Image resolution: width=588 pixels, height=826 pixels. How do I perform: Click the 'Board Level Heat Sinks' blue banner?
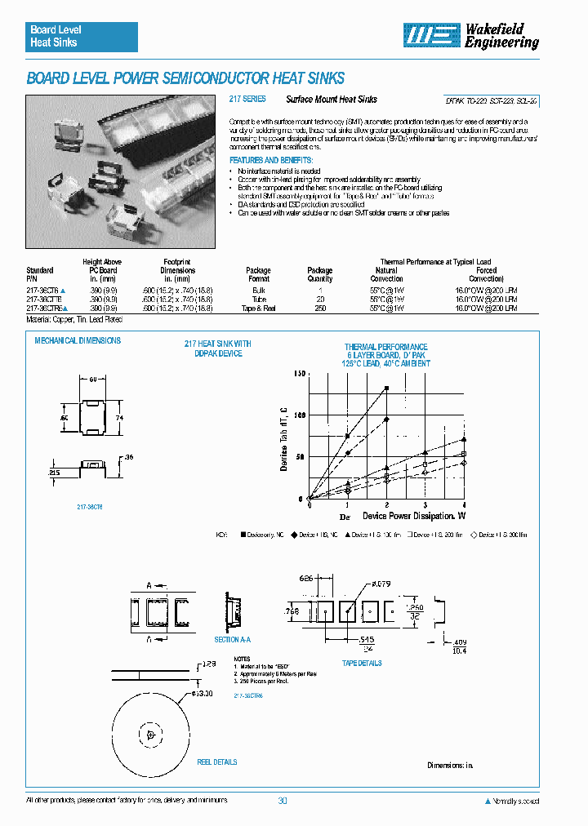pyautogui.click(x=81, y=37)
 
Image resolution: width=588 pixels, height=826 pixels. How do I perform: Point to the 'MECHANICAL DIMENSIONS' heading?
pyautogui.click(x=78, y=340)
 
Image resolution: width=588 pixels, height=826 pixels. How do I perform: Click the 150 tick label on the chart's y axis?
pyautogui.click(x=299, y=374)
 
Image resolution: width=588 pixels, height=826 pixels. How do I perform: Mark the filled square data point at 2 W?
pyautogui.click(x=386, y=388)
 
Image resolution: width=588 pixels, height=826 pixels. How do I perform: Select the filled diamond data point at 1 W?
pyautogui.click(x=348, y=453)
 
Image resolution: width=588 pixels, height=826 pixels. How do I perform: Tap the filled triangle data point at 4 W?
pyautogui.click(x=463, y=439)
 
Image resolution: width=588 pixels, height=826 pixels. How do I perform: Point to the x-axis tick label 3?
pyautogui.click(x=425, y=507)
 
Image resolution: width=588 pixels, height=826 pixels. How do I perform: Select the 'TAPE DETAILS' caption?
pyautogui.click(x=362, y=664)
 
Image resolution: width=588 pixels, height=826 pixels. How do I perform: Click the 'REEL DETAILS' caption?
pyautogui.click(x=217, y=762)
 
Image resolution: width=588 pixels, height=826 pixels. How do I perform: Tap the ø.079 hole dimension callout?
pyautogui.click(x=382, y=584)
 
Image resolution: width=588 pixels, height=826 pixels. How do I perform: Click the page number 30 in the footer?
pyautogui.click(x=283, y=801)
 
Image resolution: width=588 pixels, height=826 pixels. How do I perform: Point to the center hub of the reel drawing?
pyautogui.click(x=151, y=734)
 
